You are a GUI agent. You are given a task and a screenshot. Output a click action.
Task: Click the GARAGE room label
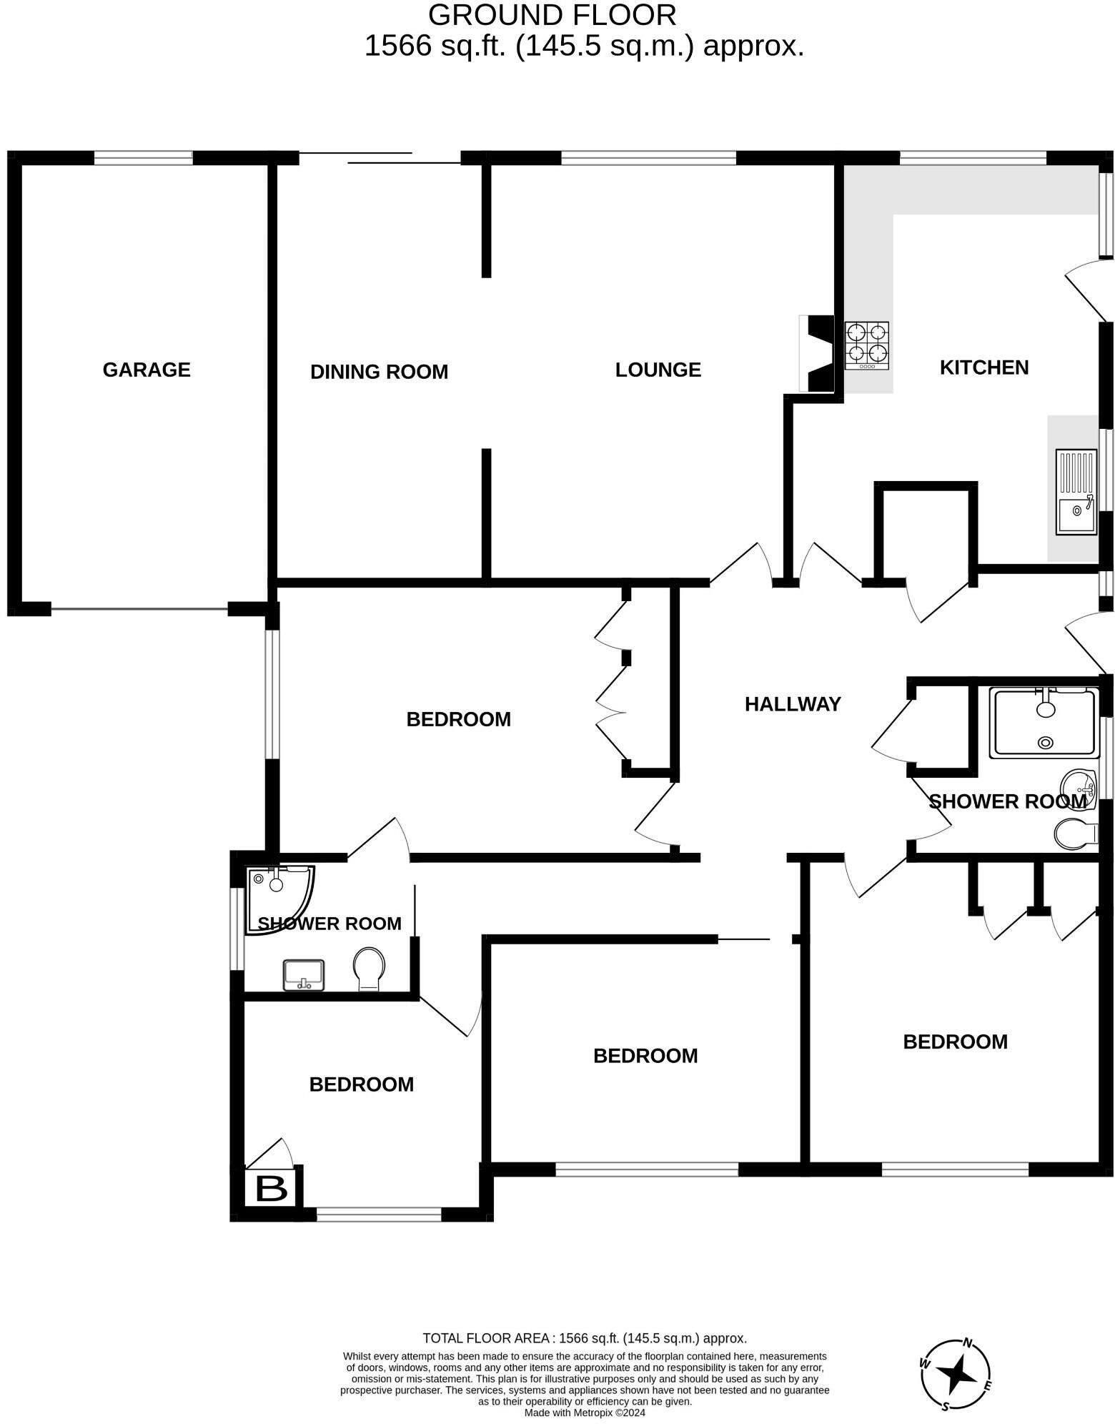[x=147, y=370]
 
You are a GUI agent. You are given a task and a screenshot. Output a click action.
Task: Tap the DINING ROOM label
[x=379, y=372]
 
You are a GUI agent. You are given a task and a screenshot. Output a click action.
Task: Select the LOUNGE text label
[x=658, y=370]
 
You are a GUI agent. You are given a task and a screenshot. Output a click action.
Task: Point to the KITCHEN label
[x=983, y=367]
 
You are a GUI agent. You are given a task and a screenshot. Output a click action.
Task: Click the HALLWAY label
[x=793, y=704]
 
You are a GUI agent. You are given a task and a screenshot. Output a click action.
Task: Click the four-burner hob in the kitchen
[x=867, y=345]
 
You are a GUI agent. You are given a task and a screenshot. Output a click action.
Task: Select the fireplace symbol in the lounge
[x=818, y=353]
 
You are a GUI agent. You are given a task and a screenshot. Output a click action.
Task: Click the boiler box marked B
[x=271, y=1188]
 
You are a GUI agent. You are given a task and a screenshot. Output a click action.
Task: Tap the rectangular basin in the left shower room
[x=304, y=975]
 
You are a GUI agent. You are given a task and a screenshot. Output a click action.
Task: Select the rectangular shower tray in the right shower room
[x=1044, y=723]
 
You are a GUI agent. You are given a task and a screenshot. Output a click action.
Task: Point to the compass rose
[x=956, y=1374]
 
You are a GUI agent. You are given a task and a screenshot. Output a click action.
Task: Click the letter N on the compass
[x=968, y=1342]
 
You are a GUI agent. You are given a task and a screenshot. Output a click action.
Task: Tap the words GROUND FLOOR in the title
[x=552, y=15]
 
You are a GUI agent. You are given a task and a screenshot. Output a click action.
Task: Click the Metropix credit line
[x=585, y=1413]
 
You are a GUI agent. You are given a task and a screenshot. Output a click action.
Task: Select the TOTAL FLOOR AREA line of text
[x=585, y=1338]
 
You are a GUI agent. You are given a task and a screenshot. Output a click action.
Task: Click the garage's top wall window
[x=144, y=158]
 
